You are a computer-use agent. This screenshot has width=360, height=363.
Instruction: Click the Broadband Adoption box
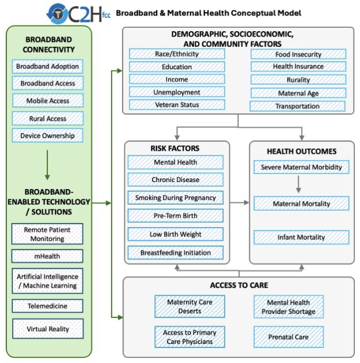(48, 66)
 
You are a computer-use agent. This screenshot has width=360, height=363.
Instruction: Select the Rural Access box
(48, 118)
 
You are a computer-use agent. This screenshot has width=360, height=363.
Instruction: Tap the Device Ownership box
(48, 136)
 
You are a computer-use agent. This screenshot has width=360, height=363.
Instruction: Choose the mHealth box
(48, 255)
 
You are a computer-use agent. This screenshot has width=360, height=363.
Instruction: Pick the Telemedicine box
(48, 306)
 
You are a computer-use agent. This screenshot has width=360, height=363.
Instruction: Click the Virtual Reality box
(48, 329)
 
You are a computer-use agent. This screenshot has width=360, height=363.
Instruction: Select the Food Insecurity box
(298, 54)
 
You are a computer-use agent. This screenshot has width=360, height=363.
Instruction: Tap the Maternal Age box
(298, 92)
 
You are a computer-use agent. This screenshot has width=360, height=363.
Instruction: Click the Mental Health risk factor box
(176, 162)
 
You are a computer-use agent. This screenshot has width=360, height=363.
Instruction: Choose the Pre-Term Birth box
(176, 216)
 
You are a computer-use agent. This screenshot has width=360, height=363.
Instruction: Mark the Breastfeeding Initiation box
(176, 253)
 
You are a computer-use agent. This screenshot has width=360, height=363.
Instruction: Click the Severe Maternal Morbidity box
(301, 167)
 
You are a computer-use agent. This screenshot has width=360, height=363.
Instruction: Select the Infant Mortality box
(301, 237)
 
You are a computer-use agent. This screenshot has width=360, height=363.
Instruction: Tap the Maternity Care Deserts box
(190, 306)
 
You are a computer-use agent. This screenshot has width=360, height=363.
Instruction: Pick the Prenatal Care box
(288, 336)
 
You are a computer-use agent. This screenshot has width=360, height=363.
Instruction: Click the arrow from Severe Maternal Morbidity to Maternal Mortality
(299, 184)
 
